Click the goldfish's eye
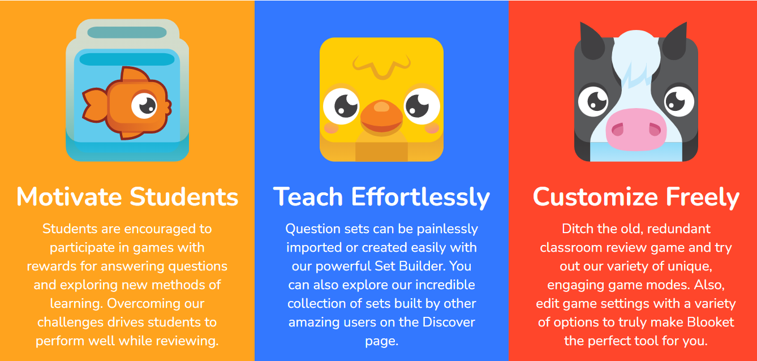(145, 104)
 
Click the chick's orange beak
(381, 116)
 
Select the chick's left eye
(344, 105)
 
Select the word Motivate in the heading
(69, 197)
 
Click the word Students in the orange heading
(184, 197)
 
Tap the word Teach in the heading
(308, 197)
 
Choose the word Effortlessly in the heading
(420, 197)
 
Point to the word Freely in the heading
(703, 197)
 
